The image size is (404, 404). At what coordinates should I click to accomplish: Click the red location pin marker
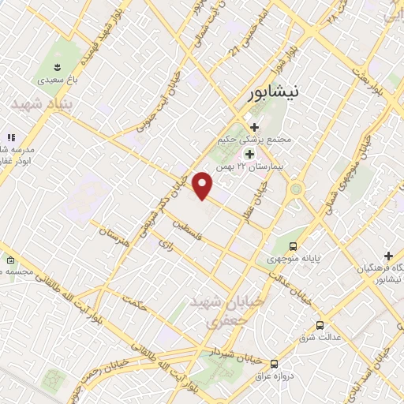tap(203, 185)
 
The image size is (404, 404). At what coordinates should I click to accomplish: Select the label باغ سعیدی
tap(57, 80)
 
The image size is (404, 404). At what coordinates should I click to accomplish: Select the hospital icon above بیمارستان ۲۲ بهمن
tap(249, 153)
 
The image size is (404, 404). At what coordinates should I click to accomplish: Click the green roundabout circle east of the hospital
tap(297, 189)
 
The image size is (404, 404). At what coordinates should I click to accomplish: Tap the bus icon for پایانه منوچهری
tap(294, 246)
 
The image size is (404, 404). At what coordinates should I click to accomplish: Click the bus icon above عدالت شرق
tap(320, 325)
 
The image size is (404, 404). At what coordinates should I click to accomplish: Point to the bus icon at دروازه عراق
tap(274, 364)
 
